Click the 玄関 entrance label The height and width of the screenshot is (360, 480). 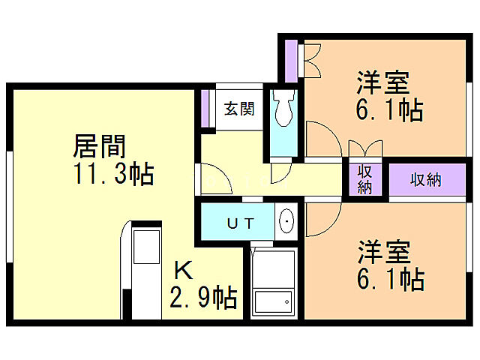pos(239,109)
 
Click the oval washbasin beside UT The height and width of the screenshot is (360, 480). pos(286,222)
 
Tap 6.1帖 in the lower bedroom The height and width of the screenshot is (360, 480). pos(388,279)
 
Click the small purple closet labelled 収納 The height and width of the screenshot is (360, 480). pos(365,179)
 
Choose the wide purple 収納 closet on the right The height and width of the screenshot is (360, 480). pos(426,180)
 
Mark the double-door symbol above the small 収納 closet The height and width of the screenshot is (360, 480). pos(366,148)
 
